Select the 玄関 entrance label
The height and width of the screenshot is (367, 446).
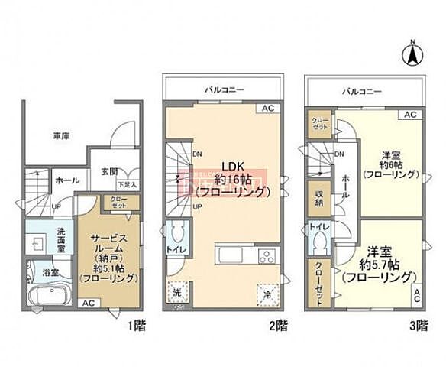(x=108, y=172)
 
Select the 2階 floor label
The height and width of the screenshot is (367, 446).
(x=278, y=323)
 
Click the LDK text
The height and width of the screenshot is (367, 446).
(x=232, y=165)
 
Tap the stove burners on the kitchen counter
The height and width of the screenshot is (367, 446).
(x=265, y=255)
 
